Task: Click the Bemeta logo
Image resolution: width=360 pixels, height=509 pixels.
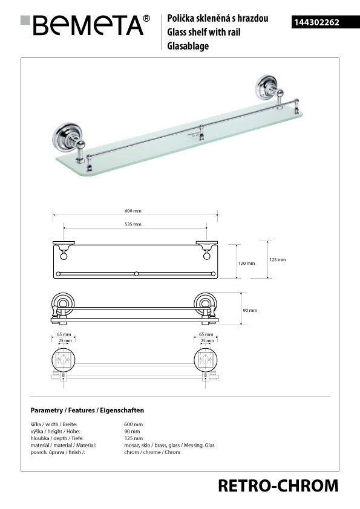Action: tap(85, 25)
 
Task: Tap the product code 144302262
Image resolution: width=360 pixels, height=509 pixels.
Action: tap(317, 22)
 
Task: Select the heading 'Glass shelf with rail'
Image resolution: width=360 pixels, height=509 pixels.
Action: tap(204, 32)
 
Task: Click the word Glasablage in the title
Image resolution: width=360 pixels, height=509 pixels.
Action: tap(188, 46)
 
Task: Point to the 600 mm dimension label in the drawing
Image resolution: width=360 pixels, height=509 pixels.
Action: tap(133, 211)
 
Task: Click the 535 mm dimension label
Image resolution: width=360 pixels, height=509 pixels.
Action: tap(133, 224)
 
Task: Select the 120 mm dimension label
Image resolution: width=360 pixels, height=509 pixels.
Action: tap(246, 263)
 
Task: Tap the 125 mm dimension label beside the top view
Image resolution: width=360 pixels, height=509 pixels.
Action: tap(278, 260)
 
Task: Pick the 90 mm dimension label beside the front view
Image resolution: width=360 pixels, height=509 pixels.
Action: tap(250, 310)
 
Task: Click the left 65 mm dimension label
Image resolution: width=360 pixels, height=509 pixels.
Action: tap(64, 334)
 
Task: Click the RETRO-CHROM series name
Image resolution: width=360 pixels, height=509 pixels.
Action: tap(278, 486)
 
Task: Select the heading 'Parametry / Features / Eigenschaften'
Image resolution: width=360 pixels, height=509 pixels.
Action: tap(87, 410)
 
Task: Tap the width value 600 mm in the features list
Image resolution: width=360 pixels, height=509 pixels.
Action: tap(134, 424)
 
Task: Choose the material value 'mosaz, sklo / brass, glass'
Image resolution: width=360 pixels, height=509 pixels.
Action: tap(152, 446)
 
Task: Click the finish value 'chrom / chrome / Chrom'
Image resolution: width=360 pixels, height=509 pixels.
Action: tap(152, 452)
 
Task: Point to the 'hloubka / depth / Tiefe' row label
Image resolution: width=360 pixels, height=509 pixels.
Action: tap(57, 438)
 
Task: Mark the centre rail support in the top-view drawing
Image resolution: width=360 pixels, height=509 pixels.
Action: tap(137, 274)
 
